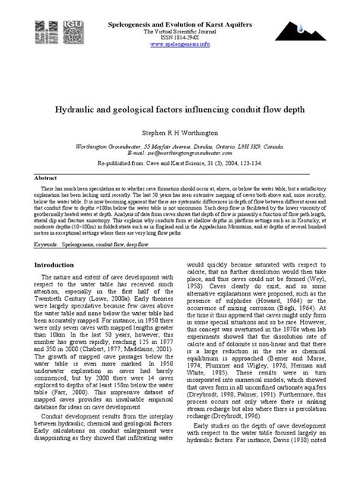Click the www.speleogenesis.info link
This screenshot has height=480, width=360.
[x=180, y=45]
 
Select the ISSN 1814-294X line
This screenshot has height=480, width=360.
[x=180, y=37]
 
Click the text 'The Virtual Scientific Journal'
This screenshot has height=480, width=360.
[x=180, y=30]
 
